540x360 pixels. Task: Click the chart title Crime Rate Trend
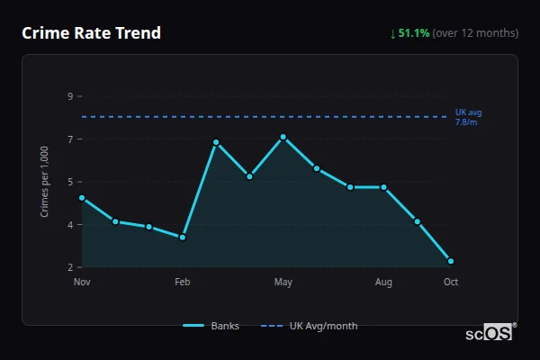[92, 33]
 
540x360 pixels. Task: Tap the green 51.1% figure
[413, 33]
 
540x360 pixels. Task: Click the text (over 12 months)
[475, 33]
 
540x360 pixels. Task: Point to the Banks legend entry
[211, 326]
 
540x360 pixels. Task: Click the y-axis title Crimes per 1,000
[44, 183]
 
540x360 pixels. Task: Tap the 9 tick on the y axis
[70, 96]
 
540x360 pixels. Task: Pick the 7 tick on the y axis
[70, 139]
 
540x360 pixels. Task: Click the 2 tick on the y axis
[70, 267]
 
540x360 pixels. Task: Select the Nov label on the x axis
[82, 283]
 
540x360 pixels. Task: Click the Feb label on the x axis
[183, 283]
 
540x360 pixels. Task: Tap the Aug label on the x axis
[383, 283]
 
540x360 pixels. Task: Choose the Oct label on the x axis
[451, 283]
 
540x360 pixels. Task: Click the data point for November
[82, 198]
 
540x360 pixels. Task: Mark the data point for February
[183, 237]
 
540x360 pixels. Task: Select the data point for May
[283, 137]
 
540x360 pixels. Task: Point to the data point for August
[383, 187]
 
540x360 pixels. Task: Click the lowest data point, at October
[451, 261]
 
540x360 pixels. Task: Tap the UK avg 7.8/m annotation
[469, 116]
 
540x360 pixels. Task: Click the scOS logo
[490, 332]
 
